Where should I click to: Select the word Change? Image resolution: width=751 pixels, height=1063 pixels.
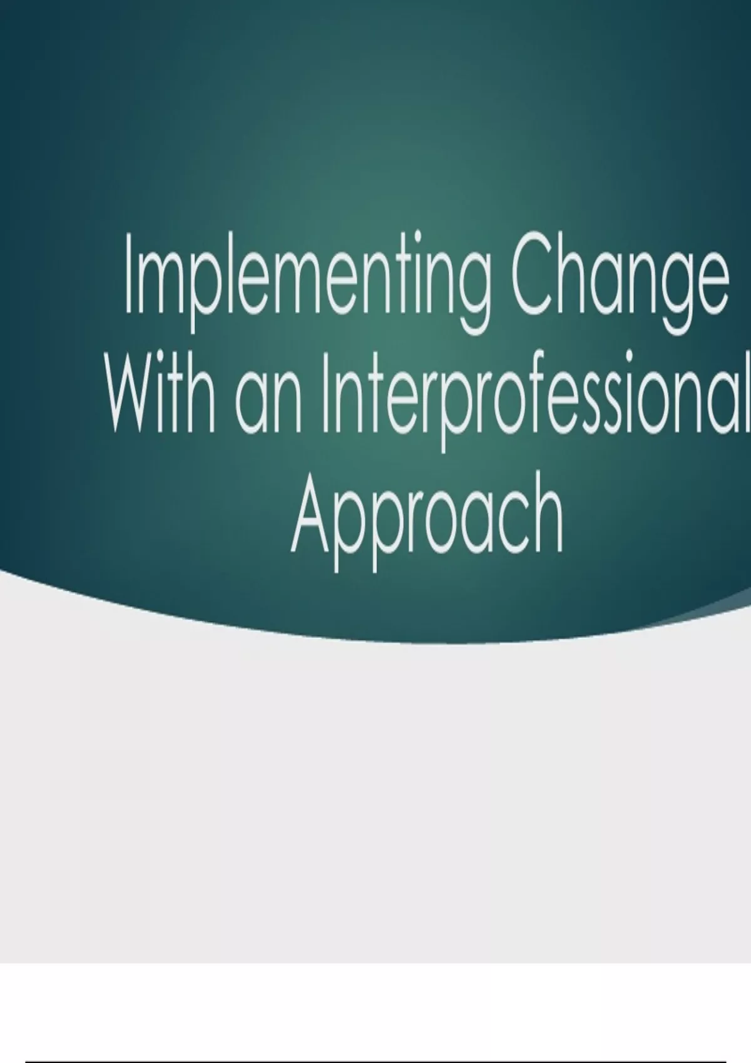[620, 282]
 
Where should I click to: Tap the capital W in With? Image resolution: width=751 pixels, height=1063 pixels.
[137, 393]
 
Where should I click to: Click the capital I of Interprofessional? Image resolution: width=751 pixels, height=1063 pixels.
[326, 393]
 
